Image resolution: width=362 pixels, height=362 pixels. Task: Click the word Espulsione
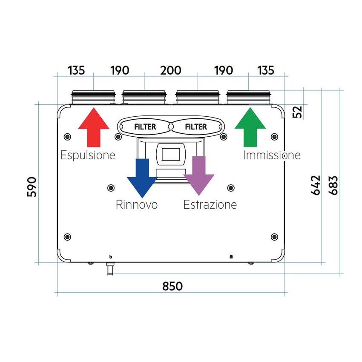(x=88, y=155)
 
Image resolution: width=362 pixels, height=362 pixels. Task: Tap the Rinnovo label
(x=137, y=205)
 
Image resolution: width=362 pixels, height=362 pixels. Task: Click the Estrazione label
(x=210, y=205)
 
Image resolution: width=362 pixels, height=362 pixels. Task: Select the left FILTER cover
(x=145, y=126)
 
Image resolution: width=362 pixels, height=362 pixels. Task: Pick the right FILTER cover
(x=196, y=126)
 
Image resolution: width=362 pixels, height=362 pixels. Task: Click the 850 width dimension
(x=172, y=286)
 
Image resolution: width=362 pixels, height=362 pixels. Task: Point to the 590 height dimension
(x=32, y=187)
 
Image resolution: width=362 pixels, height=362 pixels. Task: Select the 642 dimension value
(x=316, y=185)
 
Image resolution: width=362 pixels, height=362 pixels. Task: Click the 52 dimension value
(x=298, y=112)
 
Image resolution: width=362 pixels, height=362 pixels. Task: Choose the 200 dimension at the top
(x=171, y=70)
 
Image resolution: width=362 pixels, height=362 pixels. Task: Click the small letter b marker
(x=111, y=256)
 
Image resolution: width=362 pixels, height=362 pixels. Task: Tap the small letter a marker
(x=231, y=256)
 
